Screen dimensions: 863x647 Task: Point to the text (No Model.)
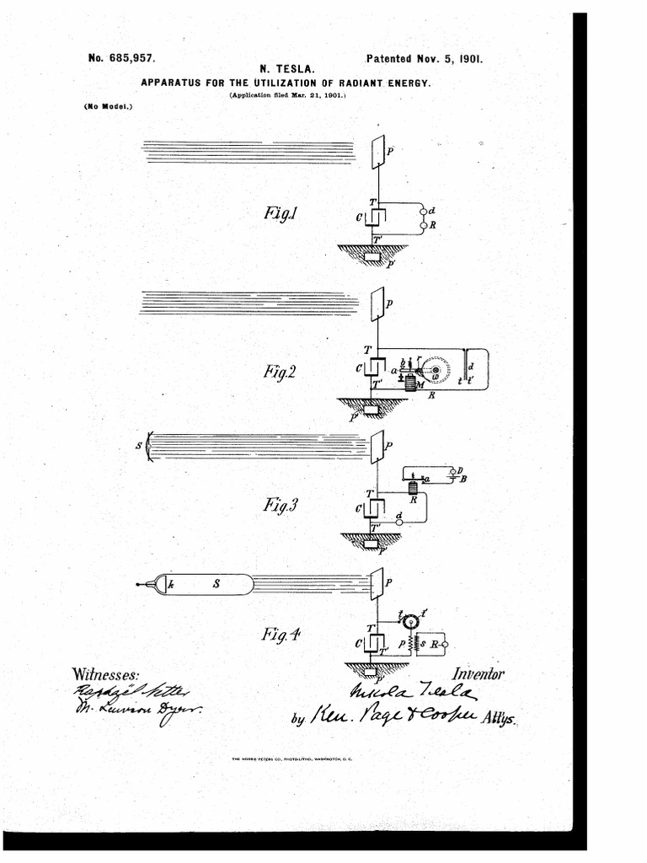pyautogui.click(x=109, y=106)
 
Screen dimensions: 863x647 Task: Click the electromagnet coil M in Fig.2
pyautogui.click(x=412, y=383)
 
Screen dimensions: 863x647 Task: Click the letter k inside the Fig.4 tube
pyautogui.click(x=170, y=584)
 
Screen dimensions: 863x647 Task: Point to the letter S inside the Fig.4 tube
pyautogui.click(x=215, y=584)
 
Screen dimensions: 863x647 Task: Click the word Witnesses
pyautogui.click(x=106, y=674)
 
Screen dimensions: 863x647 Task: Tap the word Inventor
pyautogui.click(x=478, y=673)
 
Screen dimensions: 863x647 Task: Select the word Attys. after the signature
pyautogui.click(x=500, y=719)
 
